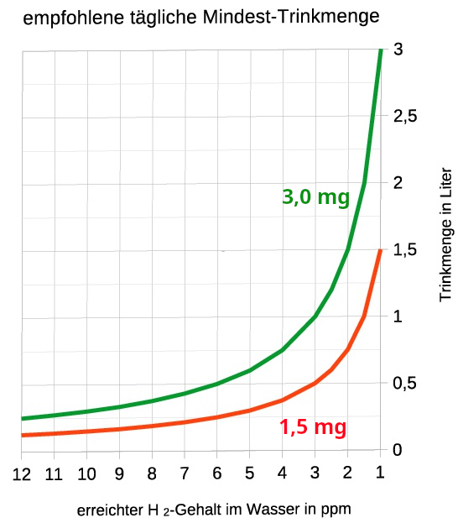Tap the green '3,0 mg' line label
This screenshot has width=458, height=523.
(x=315, y=197)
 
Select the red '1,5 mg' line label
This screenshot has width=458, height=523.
(x=312, y=427)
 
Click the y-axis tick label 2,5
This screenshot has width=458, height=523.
(x=405, y=117)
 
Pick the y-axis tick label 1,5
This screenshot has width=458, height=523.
(x=405, y=250)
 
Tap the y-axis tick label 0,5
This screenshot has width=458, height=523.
(x=405, y=384)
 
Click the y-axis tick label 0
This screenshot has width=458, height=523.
(x=398, y=450)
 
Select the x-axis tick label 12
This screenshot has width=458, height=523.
(x=22, y=474)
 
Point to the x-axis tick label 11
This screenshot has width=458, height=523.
(x=54, y=474)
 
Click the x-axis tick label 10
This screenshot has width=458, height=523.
(x=86, y=474)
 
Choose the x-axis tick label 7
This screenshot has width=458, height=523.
(x=185, y=474)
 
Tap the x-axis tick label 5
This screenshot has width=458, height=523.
(x=250, y=474)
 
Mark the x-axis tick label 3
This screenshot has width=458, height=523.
(x=315, y=474)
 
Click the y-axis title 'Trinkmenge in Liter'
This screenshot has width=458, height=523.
(x=445, y=235)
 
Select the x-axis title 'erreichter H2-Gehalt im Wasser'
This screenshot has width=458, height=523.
(x=213, y=510)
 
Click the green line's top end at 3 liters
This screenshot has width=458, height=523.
(x=381, y=51)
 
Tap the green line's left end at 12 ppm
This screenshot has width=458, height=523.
(x=23, y=418)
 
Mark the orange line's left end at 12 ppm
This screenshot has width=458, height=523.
(x=23, y=435)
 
